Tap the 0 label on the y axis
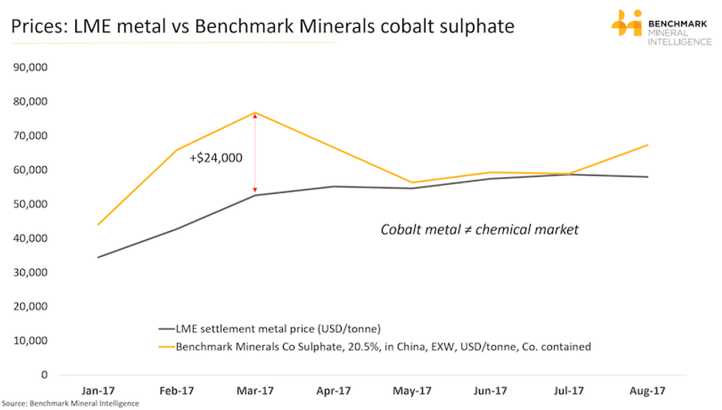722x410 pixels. pos(43,375)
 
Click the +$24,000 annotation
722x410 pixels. pos(216,157)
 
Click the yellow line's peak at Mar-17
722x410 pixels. pos(255,113)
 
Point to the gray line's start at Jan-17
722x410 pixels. pos(98,258)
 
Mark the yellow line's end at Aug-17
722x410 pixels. pos(648,145)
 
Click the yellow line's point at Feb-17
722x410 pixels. pos(176,150)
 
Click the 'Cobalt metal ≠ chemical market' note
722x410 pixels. pos(480,230)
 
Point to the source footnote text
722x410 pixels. pos(70,403)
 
